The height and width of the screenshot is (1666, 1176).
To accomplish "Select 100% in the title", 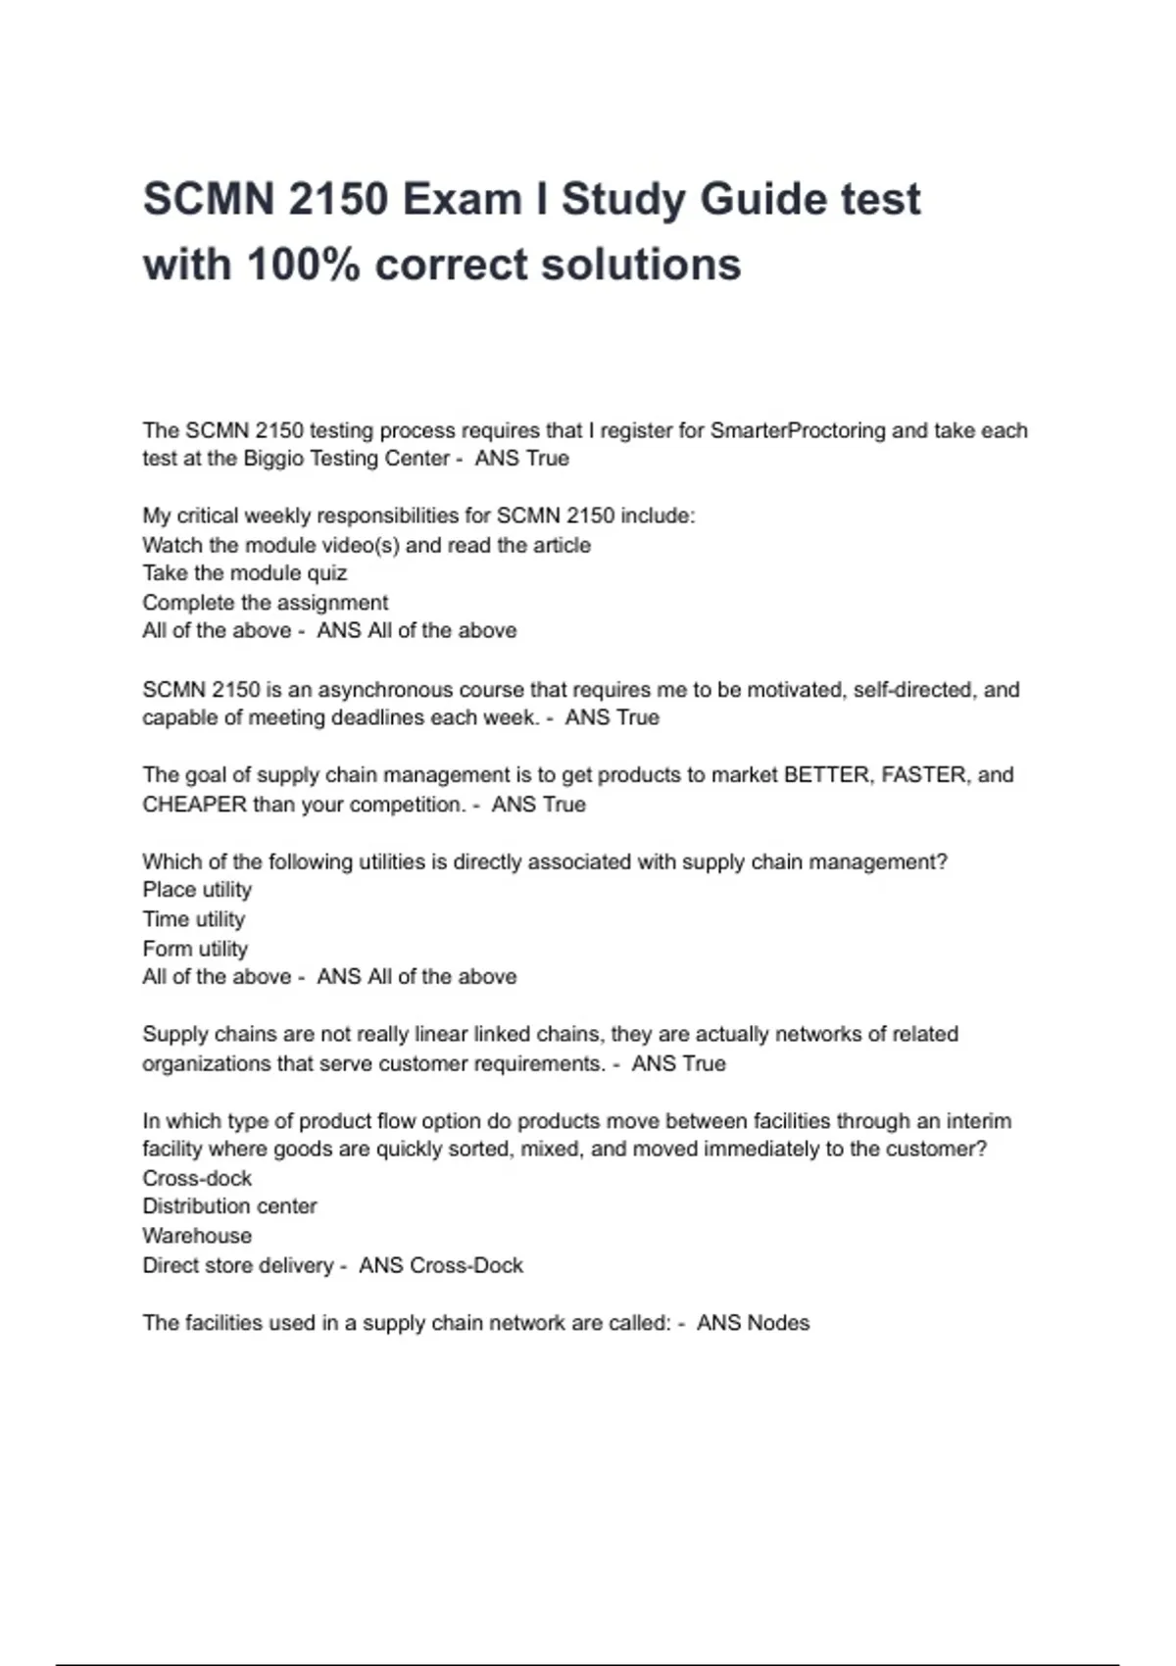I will tap(303, 265).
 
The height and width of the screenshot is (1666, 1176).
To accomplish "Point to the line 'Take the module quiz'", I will tap(244, 573).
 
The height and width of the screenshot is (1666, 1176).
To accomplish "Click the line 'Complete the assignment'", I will tap(265, 603).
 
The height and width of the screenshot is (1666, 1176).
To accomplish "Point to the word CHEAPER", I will tap(194, 805).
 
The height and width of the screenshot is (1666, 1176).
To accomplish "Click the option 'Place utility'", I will tap(197, 890).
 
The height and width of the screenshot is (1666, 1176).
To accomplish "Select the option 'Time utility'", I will tap(193, 919).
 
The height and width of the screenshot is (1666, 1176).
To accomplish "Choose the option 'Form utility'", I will tap(195, 949).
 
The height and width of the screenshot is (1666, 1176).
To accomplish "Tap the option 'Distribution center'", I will tap(229, 1206).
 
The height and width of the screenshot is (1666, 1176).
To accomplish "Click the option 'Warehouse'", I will tap(197, 1236).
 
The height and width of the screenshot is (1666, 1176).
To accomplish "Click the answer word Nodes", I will tap(778, 1323).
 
